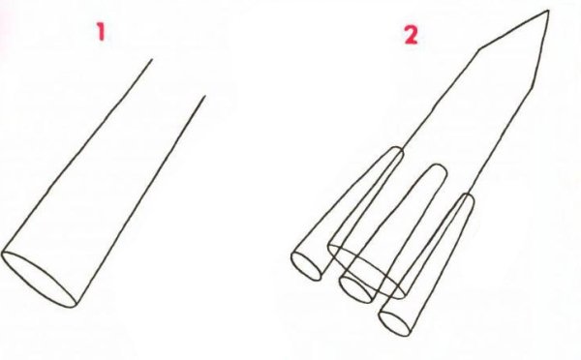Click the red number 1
coord(101,32)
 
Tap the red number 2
coord(411,36)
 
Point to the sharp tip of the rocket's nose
coord(548,11)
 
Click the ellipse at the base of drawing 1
coord(39,279)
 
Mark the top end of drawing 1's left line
coord(152,59)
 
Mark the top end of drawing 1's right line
coord(204,97)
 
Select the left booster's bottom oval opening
coord(306,266)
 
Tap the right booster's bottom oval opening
coord(395,323)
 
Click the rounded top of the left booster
coord(395,149)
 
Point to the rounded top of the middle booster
coord(438,166)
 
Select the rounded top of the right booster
coord(468,196)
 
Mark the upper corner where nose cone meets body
coord(479,49)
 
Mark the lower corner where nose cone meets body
coord(533,88)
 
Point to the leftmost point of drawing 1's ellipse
coord(2,254)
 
